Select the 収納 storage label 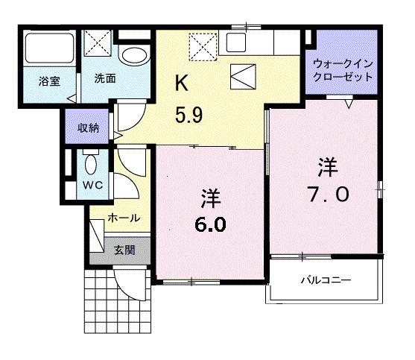click(x=88, y=126)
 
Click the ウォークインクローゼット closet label click(x=343, y=70)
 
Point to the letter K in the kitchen click(x=181, y=83)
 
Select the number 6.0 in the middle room click(x=210, y=224)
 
